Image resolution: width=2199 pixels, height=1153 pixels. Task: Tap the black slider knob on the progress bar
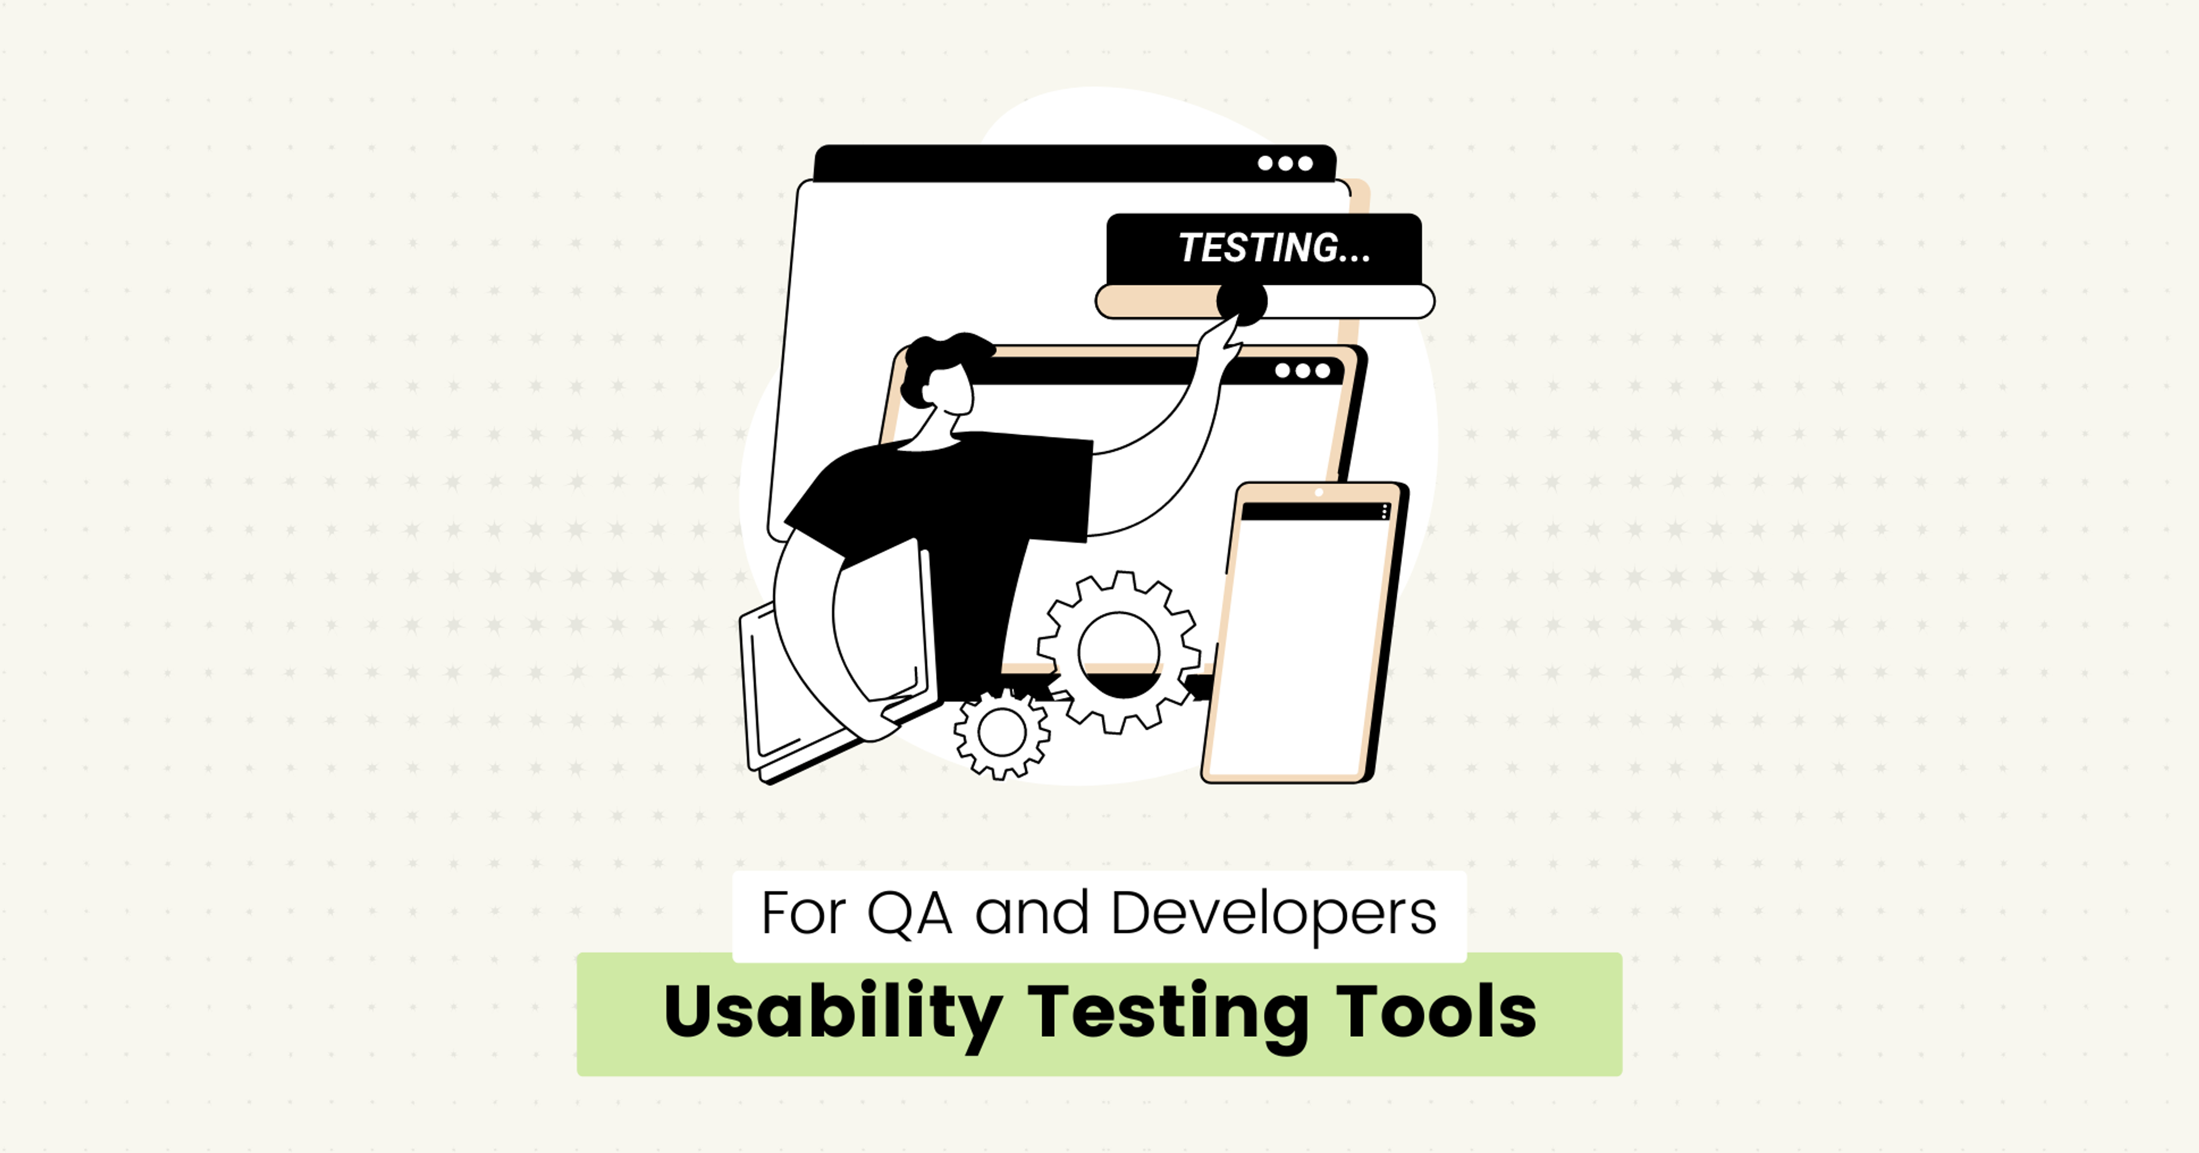pos(1242,301)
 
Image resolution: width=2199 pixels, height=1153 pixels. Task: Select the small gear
pos(1002,733)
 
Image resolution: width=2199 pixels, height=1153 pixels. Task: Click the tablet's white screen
pos(1302,640)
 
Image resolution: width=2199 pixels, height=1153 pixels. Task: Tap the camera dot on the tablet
pos(1319,493)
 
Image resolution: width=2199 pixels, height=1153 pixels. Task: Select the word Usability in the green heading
pos(832,1013)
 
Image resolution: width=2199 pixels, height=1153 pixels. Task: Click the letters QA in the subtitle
pos(909,914)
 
